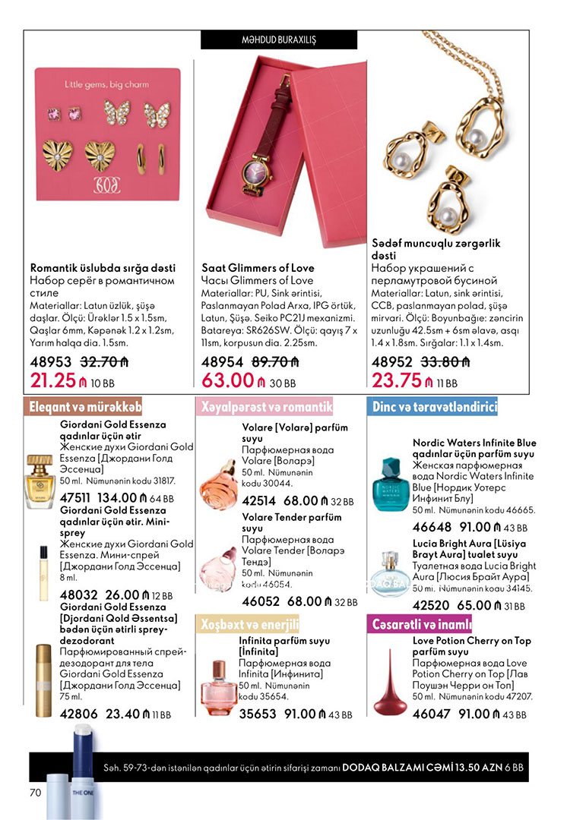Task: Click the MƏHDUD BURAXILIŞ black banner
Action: point(278,39)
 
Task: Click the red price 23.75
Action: point(395,380)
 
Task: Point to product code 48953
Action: point(51,362)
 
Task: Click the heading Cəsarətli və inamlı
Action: point(420,625)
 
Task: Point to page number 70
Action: point(34,793)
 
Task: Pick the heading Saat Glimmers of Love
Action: point(258,268)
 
